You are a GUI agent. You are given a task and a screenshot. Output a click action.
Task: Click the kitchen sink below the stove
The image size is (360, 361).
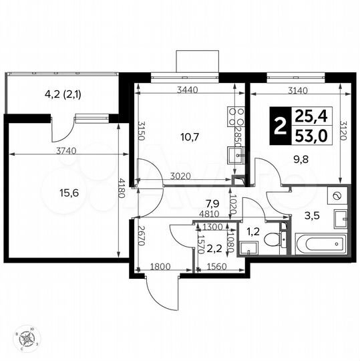coord(235,155)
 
